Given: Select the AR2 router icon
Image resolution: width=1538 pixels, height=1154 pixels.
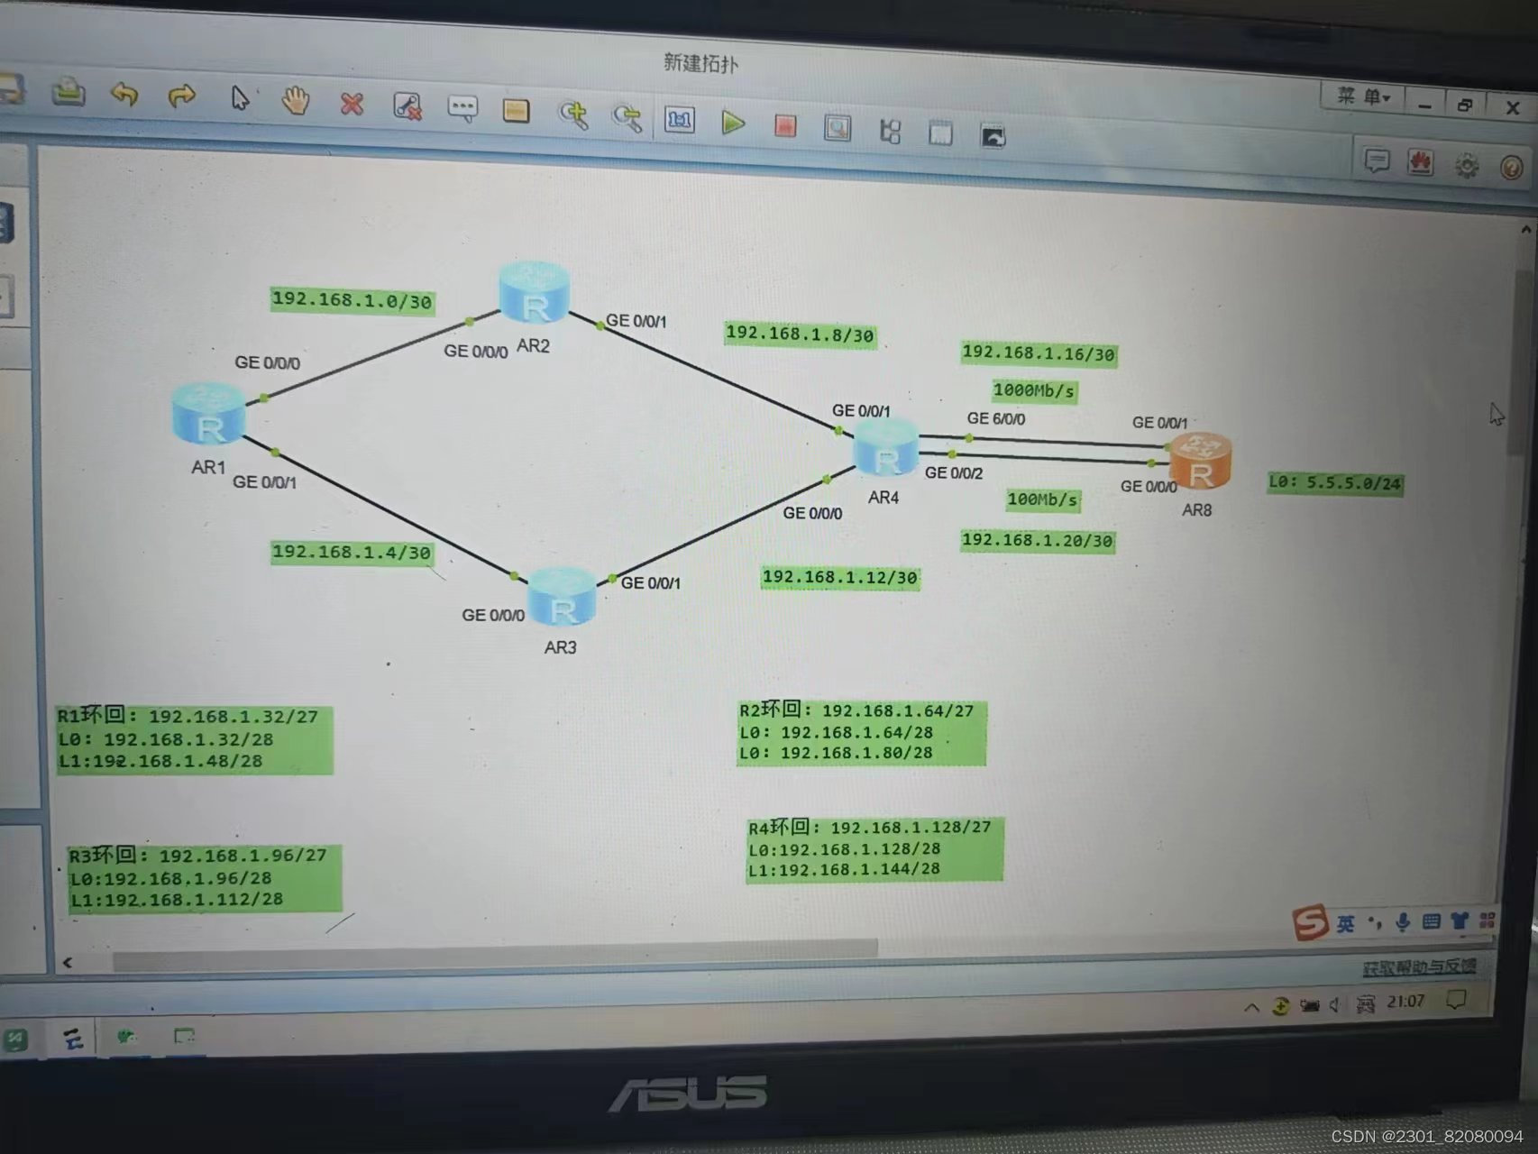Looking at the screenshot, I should click(x=535, y=294).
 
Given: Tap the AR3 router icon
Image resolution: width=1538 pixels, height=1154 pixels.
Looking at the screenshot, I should click(x=562, y=598).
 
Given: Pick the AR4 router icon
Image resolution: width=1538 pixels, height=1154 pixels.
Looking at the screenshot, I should click(x=886, y=449).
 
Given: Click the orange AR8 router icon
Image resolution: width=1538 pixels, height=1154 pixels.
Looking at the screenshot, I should click(x=1200, y=462).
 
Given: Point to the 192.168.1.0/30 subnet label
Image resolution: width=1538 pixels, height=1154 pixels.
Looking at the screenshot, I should click(x=352, y=300).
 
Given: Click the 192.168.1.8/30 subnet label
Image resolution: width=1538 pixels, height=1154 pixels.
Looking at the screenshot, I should click(x=800, y=334).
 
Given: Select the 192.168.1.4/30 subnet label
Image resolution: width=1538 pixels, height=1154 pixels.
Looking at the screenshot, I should click(x=352, y=552).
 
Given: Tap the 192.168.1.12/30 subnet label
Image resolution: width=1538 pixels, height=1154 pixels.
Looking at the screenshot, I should click(x=839, y=577).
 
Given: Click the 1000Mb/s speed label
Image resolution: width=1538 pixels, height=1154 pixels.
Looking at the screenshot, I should click(x=1034, y=390).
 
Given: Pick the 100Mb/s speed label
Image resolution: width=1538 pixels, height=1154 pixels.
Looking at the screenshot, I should click(x=1042, y=499).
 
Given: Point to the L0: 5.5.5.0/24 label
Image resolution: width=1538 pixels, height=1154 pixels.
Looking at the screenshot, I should click(x=1335, y=483).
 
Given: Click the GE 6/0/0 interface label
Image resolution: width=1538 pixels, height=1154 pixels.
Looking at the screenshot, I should click(x=995, y=418).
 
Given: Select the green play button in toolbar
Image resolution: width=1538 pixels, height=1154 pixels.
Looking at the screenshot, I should click(x=733, y=123).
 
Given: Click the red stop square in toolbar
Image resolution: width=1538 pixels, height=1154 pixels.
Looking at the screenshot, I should click(x=785, y=126).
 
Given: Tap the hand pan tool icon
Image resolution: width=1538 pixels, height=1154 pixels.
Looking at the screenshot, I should click(x=295, y=101).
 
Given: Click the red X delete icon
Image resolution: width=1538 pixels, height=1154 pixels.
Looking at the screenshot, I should click(x=352, y=105).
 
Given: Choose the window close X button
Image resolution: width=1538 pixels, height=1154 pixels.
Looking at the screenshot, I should click(x=1513, y=108).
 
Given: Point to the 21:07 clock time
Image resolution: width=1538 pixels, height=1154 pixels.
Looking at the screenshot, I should click(x=1405, y=1002).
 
